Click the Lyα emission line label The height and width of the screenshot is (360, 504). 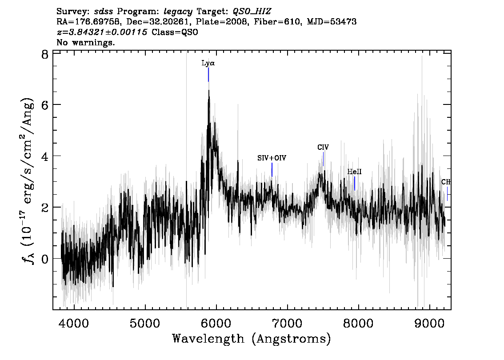(208, 63)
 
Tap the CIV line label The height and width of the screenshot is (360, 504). (323, 147)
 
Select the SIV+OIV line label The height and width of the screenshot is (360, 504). (272, 158)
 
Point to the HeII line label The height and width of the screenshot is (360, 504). (354, 172)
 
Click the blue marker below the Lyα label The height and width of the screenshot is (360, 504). (208, 75)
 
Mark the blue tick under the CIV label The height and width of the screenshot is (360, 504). (324, 159)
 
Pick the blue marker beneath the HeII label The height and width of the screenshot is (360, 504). (355, 183)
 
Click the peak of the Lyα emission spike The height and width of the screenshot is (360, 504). (209, 90)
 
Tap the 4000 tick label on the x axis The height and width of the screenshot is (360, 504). (74, 323)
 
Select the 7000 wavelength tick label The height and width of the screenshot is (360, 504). (287, 323)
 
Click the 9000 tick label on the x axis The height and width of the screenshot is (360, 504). (429, 323)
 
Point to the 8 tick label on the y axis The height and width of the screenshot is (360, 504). (45, 54)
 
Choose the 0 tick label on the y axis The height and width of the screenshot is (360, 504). (45, 259)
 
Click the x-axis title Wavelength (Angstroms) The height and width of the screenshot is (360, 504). (252, 339)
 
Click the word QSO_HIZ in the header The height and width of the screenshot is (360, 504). (252, 12)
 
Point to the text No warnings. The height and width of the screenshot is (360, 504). (85, 42)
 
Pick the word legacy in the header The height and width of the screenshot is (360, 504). (178, 12)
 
